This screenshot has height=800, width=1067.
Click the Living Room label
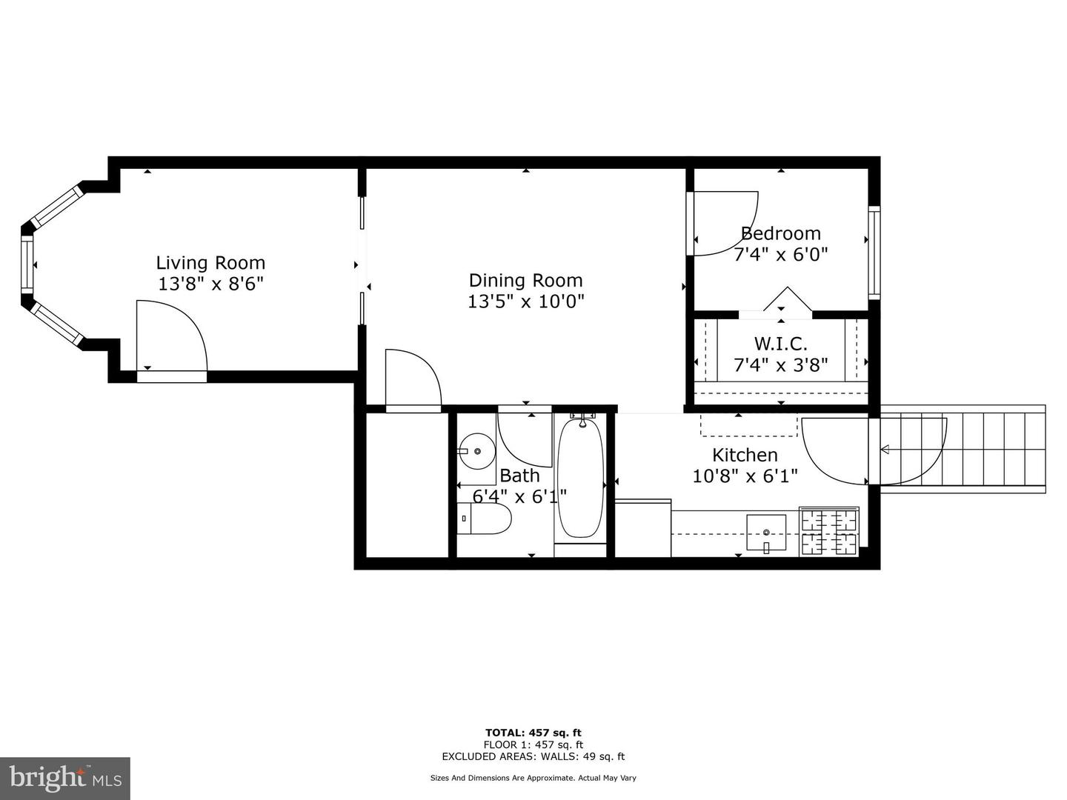click(210, 263)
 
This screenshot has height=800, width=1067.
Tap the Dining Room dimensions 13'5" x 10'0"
click(525, 301)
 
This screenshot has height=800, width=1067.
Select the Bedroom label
click(781, 233)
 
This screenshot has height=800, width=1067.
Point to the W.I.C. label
click(781, 344)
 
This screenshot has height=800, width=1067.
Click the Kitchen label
click(745, 455)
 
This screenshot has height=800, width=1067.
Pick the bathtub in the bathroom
click(580, 478)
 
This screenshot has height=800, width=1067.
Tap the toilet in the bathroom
click(484, 519)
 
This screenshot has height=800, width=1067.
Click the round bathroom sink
click(477, 451)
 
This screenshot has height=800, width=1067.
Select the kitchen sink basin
click(766, 533)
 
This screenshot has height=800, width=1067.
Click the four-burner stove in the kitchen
click(829, 531)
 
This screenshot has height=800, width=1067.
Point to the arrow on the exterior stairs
click(885, 450)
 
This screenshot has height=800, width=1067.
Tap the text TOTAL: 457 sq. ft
click(533, 733)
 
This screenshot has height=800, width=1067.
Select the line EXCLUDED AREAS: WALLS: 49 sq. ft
click(533, 756)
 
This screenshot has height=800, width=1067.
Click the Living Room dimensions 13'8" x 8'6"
click(210, 284)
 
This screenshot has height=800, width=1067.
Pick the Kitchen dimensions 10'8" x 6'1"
click(745, 476)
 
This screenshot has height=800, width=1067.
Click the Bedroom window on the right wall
click(874, 253)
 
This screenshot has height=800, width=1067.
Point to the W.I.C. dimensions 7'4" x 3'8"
click(781, 364)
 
